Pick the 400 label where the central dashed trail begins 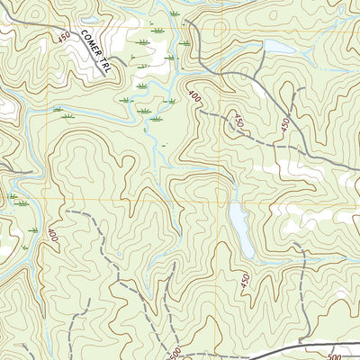pos(195,95)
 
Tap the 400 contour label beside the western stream pos(52,237)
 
